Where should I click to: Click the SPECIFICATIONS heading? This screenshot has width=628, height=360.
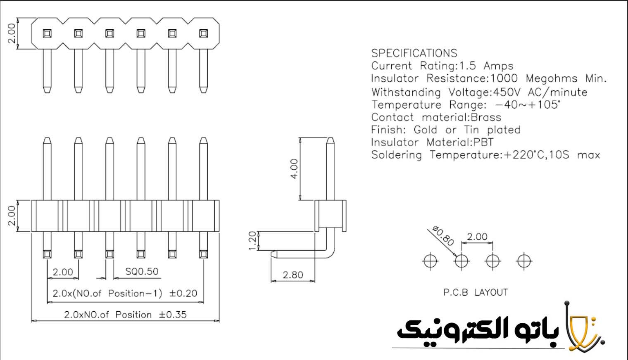[x=414, y=53]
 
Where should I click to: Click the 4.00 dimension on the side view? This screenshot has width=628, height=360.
[x=294, y=169]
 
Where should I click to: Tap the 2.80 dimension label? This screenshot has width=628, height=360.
[x=293, y=275]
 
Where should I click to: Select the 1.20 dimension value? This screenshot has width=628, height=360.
[x=253, y=241]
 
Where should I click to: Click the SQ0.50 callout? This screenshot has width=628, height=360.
[x=142, y=272]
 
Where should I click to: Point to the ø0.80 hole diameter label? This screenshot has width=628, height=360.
[x=443, y=236]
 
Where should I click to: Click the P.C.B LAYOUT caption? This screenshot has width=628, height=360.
[x=475, y=292]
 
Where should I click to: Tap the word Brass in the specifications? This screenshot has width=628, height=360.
[x=486, y=117]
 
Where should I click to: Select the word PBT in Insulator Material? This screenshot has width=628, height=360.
[x=483, y=142]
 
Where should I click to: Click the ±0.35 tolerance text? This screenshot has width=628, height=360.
[x=173, y=315]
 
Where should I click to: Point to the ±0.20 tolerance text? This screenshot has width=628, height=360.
[x=183, y=294]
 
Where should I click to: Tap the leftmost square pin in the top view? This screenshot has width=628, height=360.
[x=47, y=33]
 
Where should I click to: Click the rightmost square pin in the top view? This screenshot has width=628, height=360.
[x=203, y=33]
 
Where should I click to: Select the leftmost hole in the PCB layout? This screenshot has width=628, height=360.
[x=430, y=261]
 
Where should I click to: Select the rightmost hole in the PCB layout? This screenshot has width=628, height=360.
[x=524, y=261]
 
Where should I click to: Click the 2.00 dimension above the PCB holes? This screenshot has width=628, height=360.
[x=477, y=237]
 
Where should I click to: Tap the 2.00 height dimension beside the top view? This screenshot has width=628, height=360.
[x=12, y=33]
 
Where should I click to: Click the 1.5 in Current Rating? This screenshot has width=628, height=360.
[x=468, y=66]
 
